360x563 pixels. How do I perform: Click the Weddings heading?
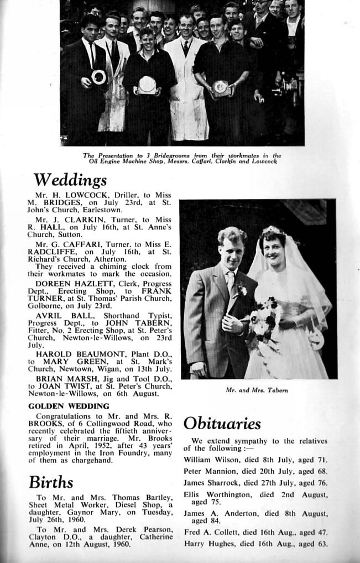pos(70,180)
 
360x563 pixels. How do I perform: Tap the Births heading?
pos(51,482)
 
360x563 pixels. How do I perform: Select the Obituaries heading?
pos(222,424)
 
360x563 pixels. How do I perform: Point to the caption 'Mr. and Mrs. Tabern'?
pos(257,390)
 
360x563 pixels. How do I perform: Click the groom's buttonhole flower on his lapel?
pos(241,289)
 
